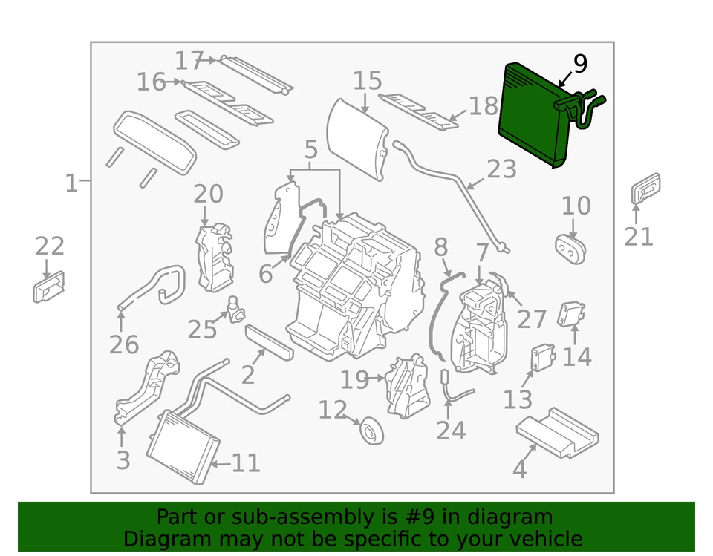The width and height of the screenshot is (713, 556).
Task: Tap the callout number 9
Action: point(579,65)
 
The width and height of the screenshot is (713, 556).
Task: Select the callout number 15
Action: point(367,82)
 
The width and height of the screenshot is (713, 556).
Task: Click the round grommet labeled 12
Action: point(371,431)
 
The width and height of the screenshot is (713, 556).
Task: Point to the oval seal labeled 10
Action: point(570,247)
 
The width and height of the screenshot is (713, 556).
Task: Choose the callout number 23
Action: point(501,169)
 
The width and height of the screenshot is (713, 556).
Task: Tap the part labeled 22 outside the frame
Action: point(49,287)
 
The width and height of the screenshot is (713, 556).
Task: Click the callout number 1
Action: point(71,182)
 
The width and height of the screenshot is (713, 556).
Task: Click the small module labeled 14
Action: point(570,314)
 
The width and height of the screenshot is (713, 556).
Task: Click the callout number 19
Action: point(354,380)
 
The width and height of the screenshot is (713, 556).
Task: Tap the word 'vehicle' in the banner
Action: point(547,538)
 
